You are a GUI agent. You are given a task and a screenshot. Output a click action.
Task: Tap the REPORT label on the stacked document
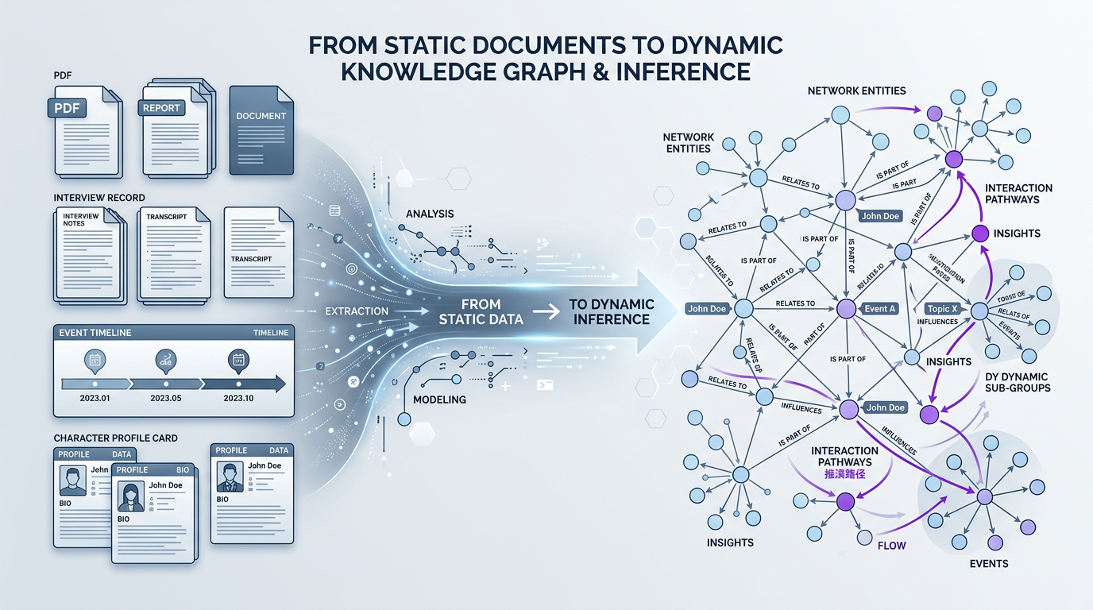[161, 108]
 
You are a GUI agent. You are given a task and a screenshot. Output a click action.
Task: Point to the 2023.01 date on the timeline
[94, 398]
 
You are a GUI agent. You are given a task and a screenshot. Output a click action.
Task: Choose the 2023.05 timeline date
[166, 398]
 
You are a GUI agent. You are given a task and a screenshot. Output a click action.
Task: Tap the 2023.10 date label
[238, 398]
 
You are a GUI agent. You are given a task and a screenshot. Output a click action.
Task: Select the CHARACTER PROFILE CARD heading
[116, 438]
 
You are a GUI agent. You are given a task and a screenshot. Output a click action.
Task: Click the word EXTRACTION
[357, 311]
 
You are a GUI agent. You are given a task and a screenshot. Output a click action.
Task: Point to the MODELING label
[440, 399]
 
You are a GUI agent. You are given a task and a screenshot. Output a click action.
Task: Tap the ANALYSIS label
[430, 214]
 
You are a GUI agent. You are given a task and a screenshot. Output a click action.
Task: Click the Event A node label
[880, 309]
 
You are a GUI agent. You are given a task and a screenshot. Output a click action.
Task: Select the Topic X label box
[943, 308]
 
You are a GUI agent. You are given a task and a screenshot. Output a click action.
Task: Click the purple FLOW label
[892, 546]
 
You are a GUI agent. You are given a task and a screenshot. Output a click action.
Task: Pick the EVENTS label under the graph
[989, 563]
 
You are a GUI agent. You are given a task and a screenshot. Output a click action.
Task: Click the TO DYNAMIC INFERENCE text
[612, 311]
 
